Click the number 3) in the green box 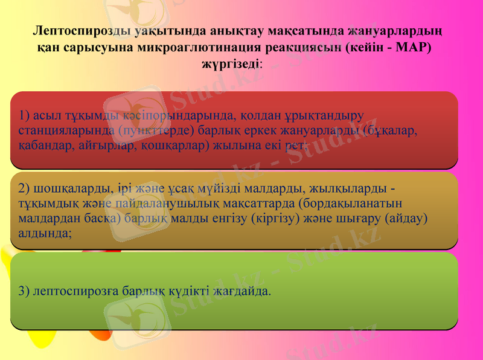[25, 291]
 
